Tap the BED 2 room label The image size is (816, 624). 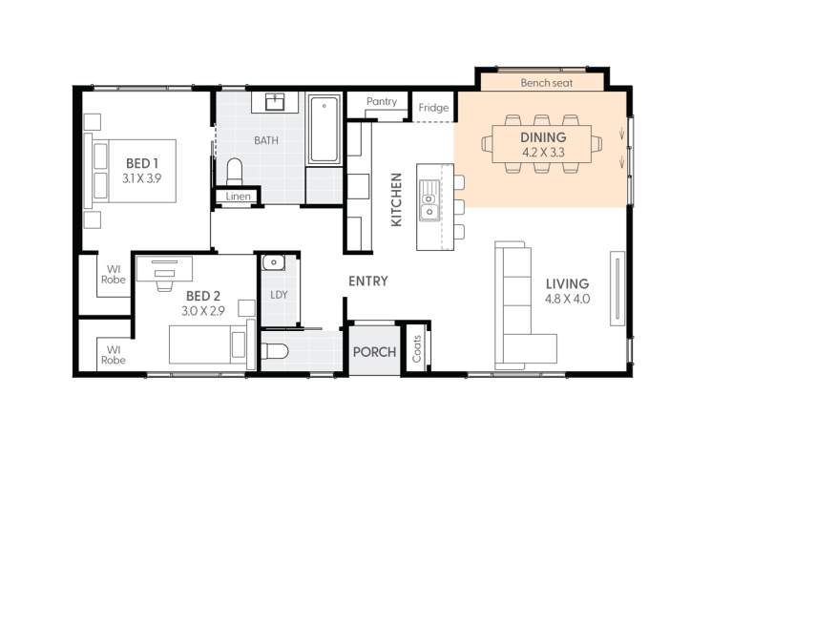coord(202,296)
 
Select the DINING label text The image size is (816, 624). coord(543,137)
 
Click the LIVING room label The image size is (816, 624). coord(567,283)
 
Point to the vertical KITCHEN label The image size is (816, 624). coord(397,199)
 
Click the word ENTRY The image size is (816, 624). coord(368,281)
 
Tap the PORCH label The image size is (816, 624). coord(374,352)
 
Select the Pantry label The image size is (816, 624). coord(382,102)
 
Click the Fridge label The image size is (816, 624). coord(433,108)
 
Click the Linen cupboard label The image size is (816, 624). coord(239,197)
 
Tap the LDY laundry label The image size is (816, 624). coord(279,295)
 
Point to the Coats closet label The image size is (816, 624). coord(417,350)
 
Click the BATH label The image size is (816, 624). coord(266,140)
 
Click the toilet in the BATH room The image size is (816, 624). coord(235,172)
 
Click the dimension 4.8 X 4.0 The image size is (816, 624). coord(568,299)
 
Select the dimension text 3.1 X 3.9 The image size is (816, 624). coord(142,178)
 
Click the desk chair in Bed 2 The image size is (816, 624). coord(163,282)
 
